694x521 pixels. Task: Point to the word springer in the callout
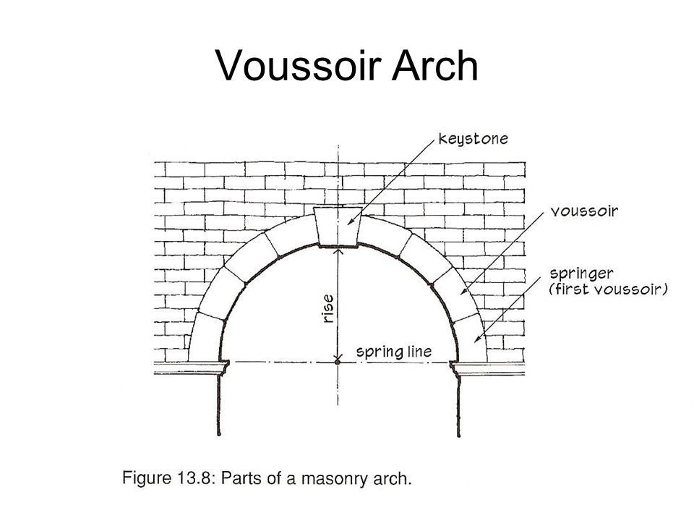[583, 274]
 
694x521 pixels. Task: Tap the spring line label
[395, 352]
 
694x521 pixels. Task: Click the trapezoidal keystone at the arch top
[339, 226]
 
